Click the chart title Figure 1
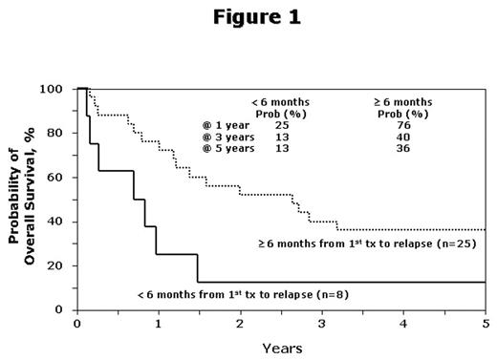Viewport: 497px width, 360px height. tap(248, 18)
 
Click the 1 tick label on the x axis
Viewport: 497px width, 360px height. tap(159, 323)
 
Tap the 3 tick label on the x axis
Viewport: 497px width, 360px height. tap(322, 323)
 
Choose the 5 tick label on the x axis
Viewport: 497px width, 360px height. tap(486, 323)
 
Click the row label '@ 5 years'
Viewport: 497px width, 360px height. tap(224, 148)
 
